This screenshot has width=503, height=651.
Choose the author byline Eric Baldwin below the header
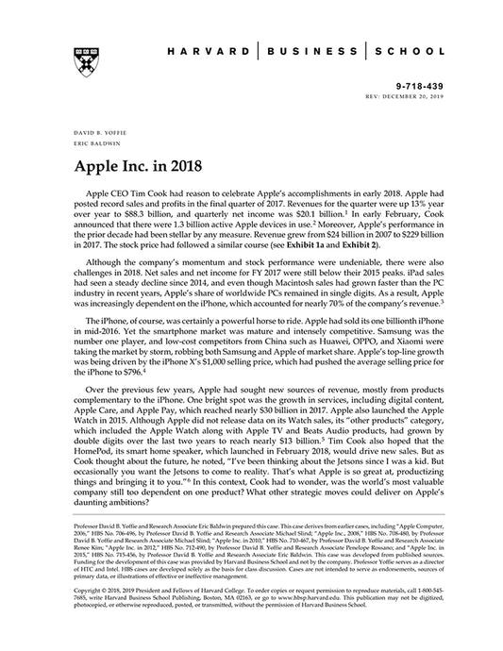coord(87,145)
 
